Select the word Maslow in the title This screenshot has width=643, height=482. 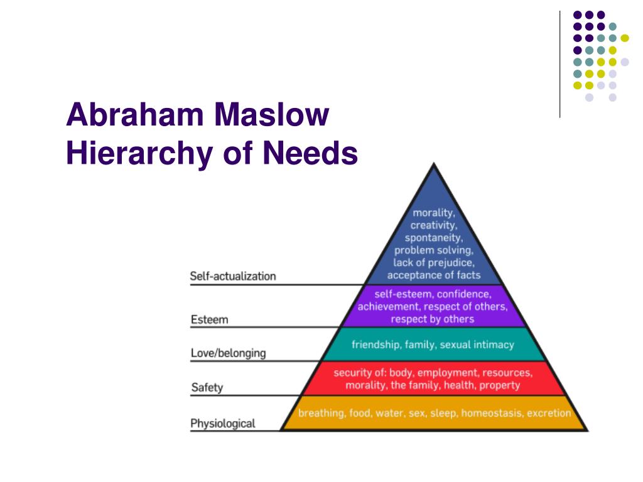point(272,115)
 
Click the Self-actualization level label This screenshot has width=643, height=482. point(233,276)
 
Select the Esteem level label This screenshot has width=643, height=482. point(210,320)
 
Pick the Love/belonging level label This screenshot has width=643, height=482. point(228,353)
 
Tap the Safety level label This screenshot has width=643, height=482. point(207,387)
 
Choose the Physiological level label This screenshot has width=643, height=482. point(223,424)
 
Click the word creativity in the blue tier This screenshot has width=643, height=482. point(433,225)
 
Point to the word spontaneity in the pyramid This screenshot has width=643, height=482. point(434,238)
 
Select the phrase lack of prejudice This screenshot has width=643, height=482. point(434,262)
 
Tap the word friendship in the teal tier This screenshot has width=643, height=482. point(376,345)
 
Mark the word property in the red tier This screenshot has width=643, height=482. point(500,385)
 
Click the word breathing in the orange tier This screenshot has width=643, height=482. point(321,413)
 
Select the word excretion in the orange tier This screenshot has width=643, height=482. point(549,413)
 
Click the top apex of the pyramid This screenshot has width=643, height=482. point(433,164)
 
